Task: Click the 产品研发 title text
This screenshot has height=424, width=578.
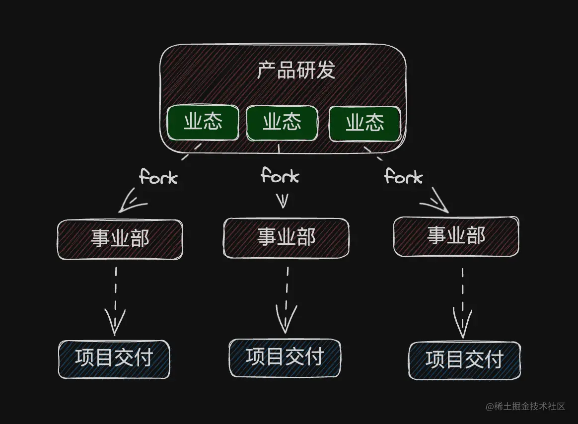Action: tap(296, 71)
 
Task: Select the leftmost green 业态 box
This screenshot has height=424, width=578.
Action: tap(203, 122)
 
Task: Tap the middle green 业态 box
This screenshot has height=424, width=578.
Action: tap(282, 122)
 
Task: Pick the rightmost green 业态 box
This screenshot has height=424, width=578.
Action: tap(364, 123)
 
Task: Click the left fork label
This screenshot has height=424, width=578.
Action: tap(158, 177)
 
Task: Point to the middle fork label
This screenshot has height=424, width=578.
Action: tap(280, 175)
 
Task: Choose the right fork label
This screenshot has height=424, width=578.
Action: tap(403, 176)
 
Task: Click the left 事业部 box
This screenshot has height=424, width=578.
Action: tap(120, 239)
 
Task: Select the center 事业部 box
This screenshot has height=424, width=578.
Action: tap(286, 238)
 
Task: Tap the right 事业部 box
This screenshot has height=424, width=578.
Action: tap(456, 236)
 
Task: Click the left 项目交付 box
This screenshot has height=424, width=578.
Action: tap(114, 359)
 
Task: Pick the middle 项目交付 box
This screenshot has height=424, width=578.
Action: tap(285, 357)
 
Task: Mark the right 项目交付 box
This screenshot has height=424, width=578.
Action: tap(464, 360)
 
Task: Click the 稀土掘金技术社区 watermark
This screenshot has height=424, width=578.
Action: tap(525, 406)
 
